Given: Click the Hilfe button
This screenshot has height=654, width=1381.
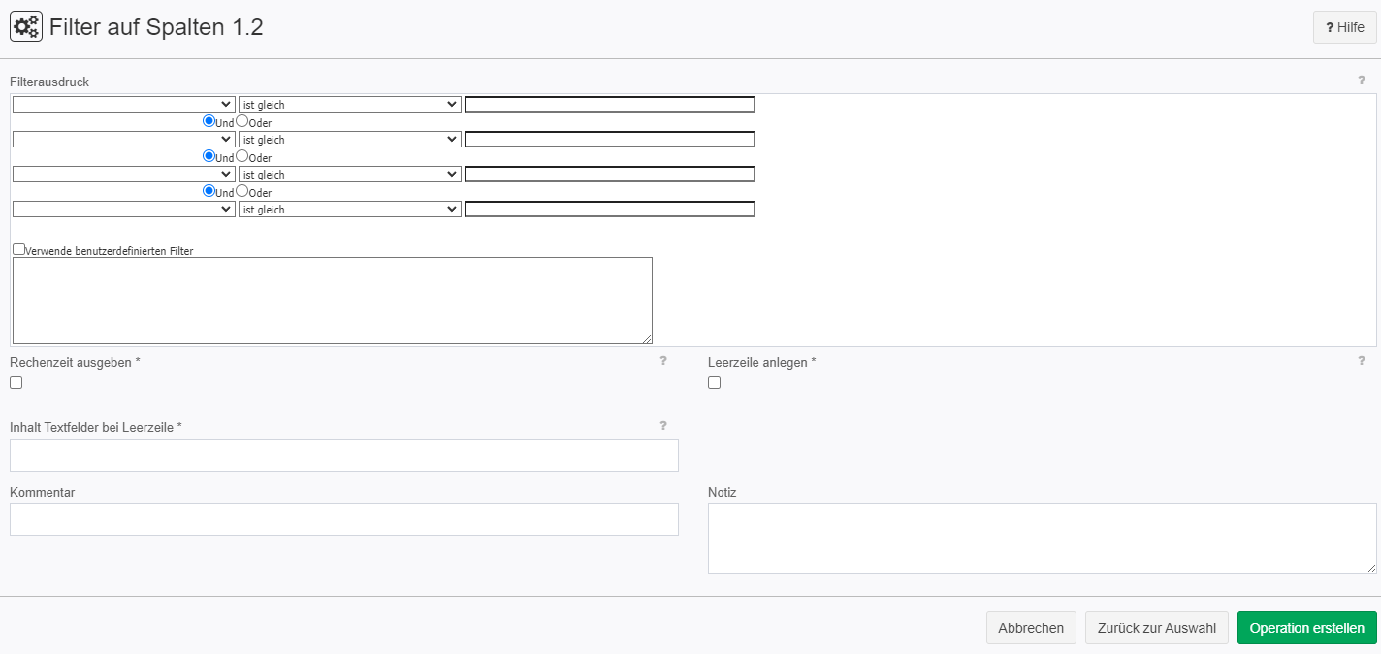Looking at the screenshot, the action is tap(1344, 27).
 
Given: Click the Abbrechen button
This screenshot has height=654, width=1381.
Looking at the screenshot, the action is tap(1031, 628).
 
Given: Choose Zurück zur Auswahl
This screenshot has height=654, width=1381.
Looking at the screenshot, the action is tap(1157, 628).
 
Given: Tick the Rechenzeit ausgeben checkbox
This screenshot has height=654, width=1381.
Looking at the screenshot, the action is tap(16, 383).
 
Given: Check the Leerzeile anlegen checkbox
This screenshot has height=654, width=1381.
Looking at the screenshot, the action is tap(715, 383).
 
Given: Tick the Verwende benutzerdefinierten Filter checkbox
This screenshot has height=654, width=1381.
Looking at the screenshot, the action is tap(19, 249).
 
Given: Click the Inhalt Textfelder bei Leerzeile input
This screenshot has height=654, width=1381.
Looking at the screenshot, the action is tap(344, 455).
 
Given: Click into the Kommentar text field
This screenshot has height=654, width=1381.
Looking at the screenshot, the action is tap(344, 519).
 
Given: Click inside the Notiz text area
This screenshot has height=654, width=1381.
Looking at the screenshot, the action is tap(1042, 539).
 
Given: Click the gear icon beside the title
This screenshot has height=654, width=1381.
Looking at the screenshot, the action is tap(26, 26).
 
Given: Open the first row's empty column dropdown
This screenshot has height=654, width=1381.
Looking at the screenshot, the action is tap(124, 104).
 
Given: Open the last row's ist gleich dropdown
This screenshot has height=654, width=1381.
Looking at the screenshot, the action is tap(349, 210).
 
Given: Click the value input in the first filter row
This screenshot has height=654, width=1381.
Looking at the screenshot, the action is tap(610, 104).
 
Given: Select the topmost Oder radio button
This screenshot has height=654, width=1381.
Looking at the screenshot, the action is tap(242, 121).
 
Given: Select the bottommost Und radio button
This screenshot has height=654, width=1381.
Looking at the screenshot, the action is tap(209, 191).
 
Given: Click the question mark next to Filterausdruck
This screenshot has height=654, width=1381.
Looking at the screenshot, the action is tap(1362, 81).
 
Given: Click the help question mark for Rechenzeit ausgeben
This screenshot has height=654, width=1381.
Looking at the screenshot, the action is tap(663, 360).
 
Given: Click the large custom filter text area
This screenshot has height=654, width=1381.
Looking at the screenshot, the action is tap(333, 301).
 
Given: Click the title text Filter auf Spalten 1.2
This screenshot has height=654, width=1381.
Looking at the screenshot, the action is tap(156, 27).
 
